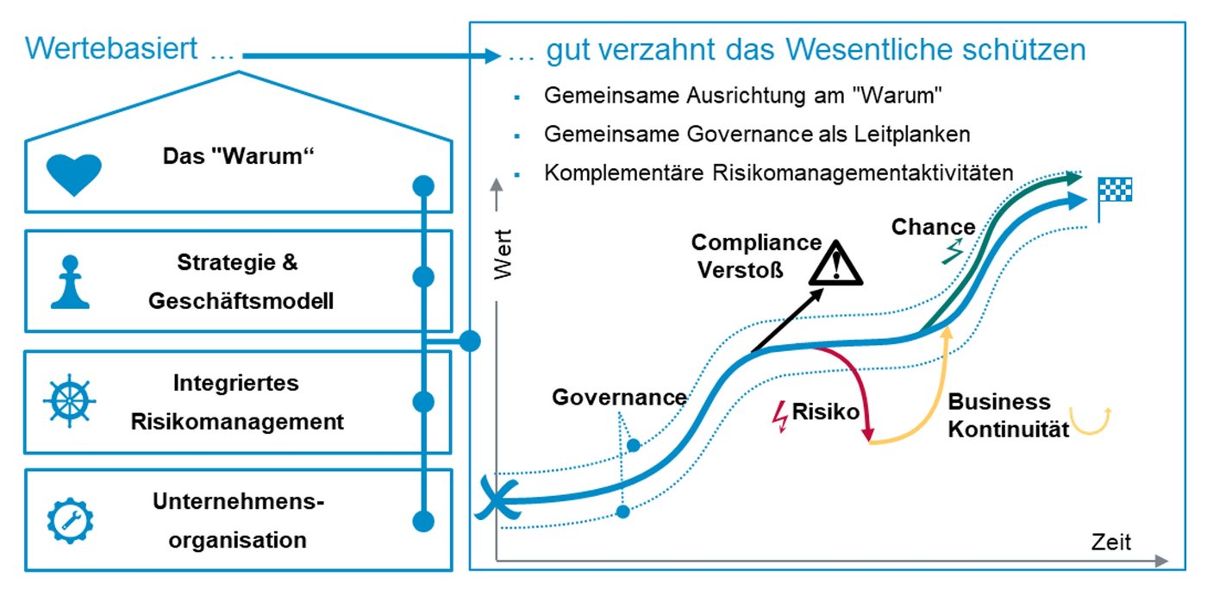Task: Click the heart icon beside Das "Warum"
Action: (x=73, y=175)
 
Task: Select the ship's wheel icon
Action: (x=70, y=402)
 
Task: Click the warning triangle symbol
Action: (x=836, y=263)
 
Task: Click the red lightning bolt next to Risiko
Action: (x=782, y=416)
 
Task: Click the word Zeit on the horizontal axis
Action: (x=1110, y=542)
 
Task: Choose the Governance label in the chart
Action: (x=619, y=398)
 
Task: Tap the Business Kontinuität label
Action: (x=1000, y=415)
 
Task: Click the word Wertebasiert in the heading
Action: (x=112, y=49)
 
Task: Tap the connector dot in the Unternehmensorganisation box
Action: (x=422, y=521)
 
